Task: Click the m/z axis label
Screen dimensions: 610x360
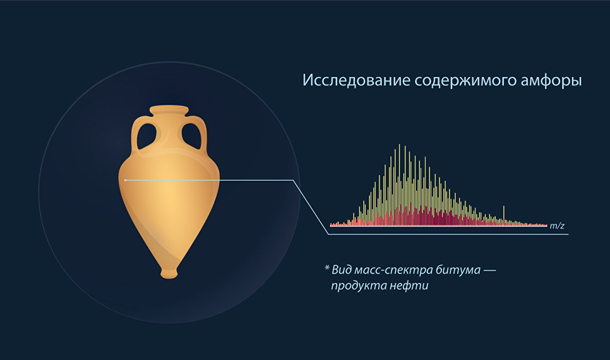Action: [x=557, y=225]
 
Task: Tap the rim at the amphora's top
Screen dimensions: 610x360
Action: [x=169, y=110]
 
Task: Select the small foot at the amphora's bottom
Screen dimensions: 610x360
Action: [x=169, y=273]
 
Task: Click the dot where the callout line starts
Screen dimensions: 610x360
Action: [x=125, y=180]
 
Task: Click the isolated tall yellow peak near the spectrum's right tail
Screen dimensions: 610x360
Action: [x=504, y=215]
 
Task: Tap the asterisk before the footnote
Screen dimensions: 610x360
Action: [x=327, y=268]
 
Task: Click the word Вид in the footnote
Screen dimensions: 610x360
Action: [x=341, y=270]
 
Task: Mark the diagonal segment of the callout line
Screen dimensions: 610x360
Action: [x=311, y=207]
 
